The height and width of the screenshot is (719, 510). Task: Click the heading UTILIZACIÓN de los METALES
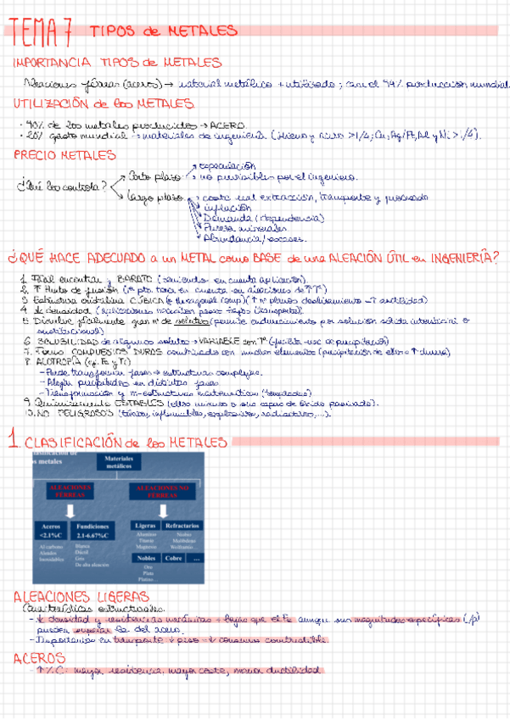[x=102, y=104]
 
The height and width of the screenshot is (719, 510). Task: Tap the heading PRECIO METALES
[x=64, y=155]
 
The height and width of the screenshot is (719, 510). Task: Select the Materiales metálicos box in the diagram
[x=120, y=462]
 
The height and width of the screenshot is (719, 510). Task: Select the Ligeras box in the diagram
[x=145, y=527]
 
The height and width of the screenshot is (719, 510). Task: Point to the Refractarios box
[x=183, y=527]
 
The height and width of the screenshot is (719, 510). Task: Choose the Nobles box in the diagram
[x=145, y=559]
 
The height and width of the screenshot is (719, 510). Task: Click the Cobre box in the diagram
[x=174, y=559]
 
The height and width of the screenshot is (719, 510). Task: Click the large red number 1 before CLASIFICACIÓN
[x=12, y=441]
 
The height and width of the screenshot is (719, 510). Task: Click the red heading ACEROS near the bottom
[x=34, y=659]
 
